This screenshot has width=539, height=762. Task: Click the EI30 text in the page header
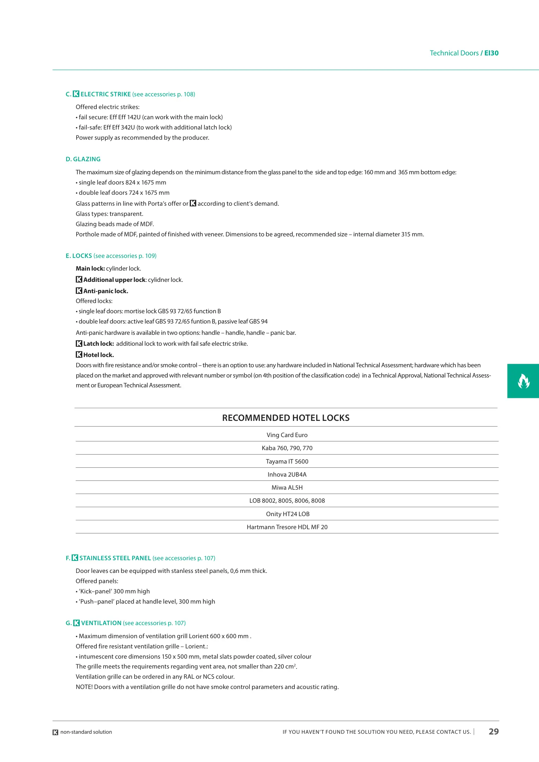pos(491,53)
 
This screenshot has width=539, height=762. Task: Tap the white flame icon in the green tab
pos(523,381)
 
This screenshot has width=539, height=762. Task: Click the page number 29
pos(493,731)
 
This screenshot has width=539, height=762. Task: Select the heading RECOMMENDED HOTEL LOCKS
pos(286,418)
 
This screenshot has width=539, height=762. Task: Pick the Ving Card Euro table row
pos(287,435)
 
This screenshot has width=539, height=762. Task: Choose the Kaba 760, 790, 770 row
pos(287,448)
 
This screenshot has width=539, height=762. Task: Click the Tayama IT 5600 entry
pos(287,461)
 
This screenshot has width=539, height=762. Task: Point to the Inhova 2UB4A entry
pos(287,474)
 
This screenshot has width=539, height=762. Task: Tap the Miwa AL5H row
pos(287,488)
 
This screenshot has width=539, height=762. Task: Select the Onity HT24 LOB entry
pos(288,514)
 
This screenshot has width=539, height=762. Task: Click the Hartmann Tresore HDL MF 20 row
pos(287,527)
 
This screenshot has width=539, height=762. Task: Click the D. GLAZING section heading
pos(83,159)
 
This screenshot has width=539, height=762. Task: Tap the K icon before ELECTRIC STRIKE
pos(76,94)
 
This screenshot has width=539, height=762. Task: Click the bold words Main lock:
pos(90,268)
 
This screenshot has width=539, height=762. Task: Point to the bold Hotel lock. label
pos(98,355)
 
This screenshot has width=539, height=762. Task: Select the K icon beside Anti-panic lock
pos(79,291)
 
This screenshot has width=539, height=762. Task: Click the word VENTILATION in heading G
pos(101,623)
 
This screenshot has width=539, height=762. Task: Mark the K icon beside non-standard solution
pos(55,732)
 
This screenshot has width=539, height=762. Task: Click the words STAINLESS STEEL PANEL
pos(115,558)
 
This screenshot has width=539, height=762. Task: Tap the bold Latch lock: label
pos(98,344)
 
